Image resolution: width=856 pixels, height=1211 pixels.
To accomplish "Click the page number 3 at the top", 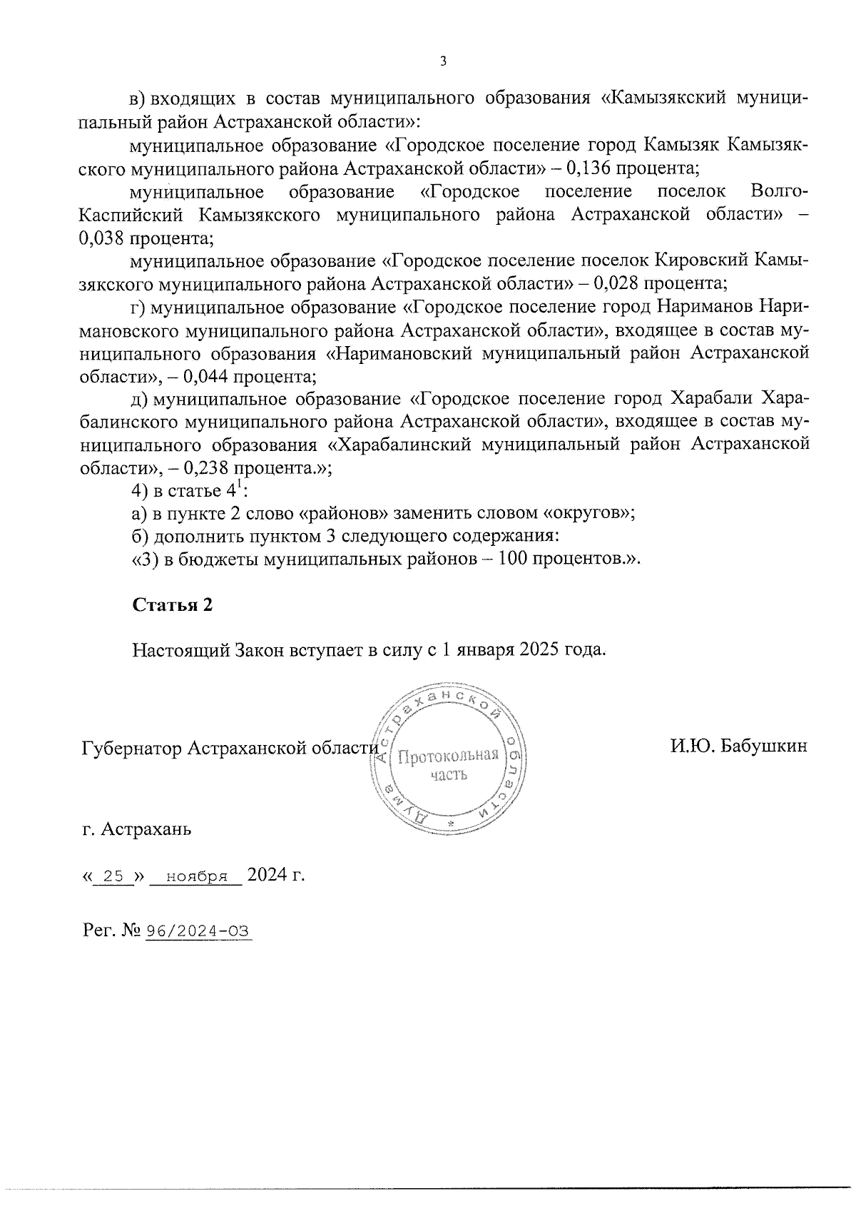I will [442, 61].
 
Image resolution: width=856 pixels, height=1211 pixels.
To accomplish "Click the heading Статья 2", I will [173, 604].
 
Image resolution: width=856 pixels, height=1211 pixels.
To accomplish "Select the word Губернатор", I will [132, 747].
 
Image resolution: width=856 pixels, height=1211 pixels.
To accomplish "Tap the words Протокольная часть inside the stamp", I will [447, 764].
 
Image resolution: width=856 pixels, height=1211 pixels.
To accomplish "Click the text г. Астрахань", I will [136, 829].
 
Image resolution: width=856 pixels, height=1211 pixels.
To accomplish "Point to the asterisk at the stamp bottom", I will [449, 824].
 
